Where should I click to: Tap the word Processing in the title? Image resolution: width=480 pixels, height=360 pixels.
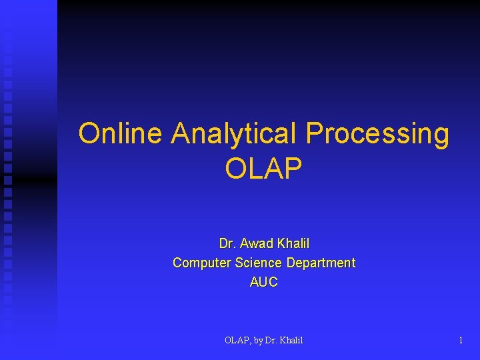[377, 135]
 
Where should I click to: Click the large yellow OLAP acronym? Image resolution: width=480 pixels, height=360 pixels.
[263, 169]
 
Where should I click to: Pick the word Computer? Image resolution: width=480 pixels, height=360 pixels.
[199, 263]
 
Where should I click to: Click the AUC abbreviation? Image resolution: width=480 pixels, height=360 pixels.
[263, 282]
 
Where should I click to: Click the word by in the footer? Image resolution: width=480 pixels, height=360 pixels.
[259, 341]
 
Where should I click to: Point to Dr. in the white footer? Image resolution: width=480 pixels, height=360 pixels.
[271, 341]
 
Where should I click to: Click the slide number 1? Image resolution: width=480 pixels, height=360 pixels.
[460, 341]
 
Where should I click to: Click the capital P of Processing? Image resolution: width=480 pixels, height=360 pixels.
[313, 133]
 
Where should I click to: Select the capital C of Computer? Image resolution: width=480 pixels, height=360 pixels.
[177, 263]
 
